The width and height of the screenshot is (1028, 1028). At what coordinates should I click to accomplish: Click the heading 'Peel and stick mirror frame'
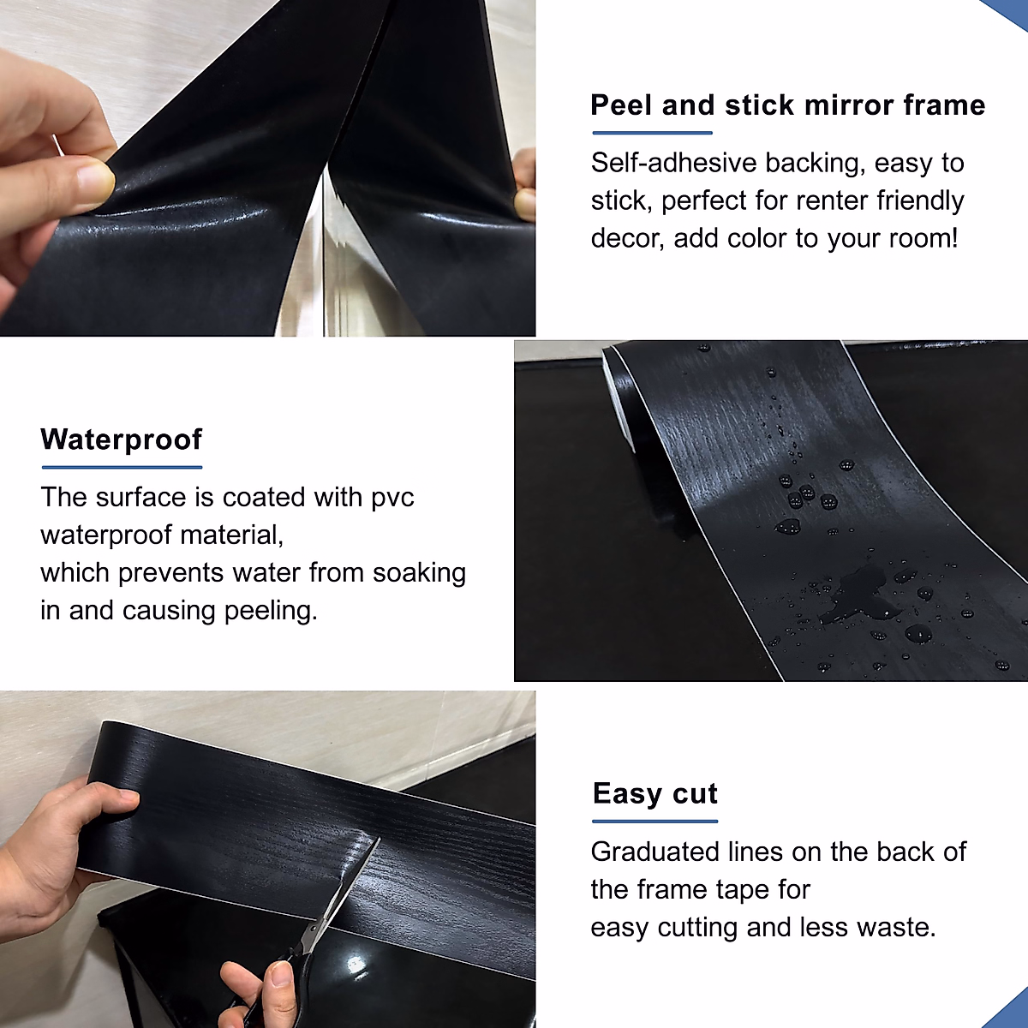click(787, 105)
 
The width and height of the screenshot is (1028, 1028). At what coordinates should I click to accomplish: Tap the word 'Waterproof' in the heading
click(121, 439)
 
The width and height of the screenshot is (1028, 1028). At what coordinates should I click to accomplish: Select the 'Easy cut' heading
click(654, 794)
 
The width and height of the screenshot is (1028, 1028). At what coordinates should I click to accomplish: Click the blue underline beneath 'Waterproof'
click(122, 467)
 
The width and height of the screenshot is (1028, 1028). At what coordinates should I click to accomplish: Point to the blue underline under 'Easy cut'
click(654, 821)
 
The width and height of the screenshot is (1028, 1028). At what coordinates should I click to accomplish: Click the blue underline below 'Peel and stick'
click(652, 133)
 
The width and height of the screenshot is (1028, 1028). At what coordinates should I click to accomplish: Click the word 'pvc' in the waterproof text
click(392, 498)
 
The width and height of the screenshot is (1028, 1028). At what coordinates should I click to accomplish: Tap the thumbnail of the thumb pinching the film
click(93, 181)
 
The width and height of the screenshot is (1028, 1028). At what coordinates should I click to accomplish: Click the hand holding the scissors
click(257, 994)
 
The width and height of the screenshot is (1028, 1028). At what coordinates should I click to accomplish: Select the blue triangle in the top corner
click(1011, 12)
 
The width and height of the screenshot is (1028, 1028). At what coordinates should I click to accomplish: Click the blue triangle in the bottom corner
click(1011, 1011)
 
